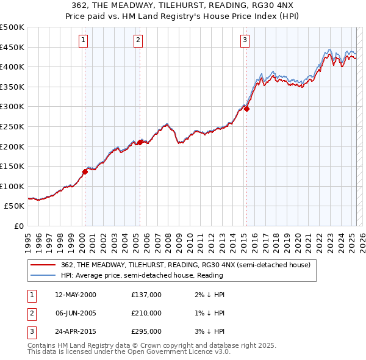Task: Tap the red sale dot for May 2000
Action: [x=85, y=171]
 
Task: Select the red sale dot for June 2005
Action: [x=140, y=142]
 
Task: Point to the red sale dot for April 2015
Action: [x=246, y=109]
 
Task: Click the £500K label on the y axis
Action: [x=12, y=27]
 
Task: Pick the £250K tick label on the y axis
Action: [x=12, y=126]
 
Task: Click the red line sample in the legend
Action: [x=43, y=265]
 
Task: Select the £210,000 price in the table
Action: [x=146, y=313]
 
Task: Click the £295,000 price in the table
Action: [x=146, y=331]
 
